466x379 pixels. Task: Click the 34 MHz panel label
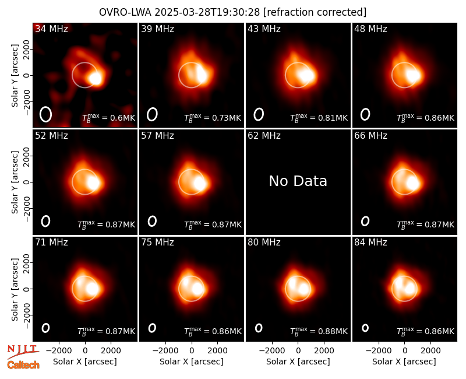pyautogui.click(x=51, y=29)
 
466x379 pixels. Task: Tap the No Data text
pyautogui.click(x=298, y=181)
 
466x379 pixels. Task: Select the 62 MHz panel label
pyautogui.click(x=264, y=136)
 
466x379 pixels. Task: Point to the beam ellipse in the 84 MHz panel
pyautogui.click(x=365, y=328)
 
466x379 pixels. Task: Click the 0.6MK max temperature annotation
pyautogui.click(x=109, y=118)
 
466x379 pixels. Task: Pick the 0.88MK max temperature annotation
pyautogui.click(x=319, y=331)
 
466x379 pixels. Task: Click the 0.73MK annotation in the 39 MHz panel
pyautogui.click(x=213, y=118)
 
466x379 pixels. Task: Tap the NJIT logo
pyautogui.click(x=23, y=352)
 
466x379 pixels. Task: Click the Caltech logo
pyautogui.click(x=23, y=365)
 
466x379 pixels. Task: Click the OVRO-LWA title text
pyautogui.click(x=125, y=12)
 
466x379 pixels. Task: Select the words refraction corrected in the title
pyautogui.click(x=315, y=12)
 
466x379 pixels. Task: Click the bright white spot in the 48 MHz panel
pyautogui.click(x=413, y=75)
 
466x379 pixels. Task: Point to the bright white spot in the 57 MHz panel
pyautogui.click(x=199, y=184)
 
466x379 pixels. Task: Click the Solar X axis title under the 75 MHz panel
pyautogui.click(x=192, y=362)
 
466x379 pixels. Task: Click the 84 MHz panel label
pyautogui.click(x=370, y=243)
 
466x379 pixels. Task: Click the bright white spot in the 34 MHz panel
pyautogui.click(x=96, y=79)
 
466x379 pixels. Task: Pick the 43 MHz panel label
pyautogui.click(x=264, y=29)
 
